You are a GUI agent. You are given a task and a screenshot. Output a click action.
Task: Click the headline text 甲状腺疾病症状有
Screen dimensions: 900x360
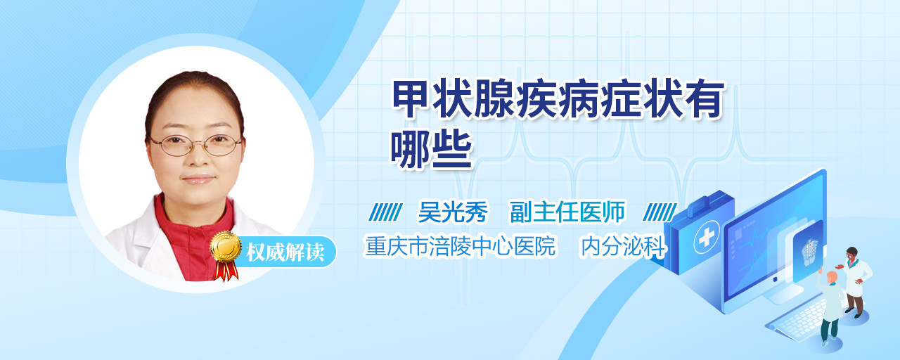point(558,99)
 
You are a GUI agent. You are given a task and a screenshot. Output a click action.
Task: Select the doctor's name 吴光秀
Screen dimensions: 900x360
point(453,212)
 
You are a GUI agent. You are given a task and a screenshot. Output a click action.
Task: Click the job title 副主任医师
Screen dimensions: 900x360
point(567,212)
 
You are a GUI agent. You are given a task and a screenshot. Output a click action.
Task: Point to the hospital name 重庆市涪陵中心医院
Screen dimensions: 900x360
point(461,246)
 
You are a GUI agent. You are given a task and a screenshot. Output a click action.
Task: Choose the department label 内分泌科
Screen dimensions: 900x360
point(624,246)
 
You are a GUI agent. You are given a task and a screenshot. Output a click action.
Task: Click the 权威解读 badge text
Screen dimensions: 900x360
point(285,252)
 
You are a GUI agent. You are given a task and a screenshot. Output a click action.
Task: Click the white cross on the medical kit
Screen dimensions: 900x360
point(706,237)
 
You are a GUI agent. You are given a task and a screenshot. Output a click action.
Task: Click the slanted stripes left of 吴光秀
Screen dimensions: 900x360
point(385,212)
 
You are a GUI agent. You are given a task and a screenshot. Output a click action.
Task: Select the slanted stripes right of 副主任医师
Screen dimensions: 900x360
point(660,212)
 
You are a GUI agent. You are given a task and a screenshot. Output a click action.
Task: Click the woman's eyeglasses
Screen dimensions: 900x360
point(195,144)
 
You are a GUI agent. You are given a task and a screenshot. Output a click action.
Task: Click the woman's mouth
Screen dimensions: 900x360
point(198,179)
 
